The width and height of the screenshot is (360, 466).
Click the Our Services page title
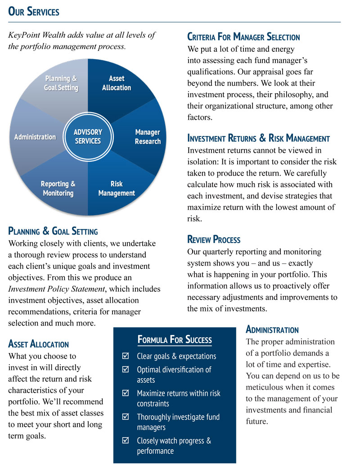(34, 11)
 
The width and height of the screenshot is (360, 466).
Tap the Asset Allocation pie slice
(117, 83)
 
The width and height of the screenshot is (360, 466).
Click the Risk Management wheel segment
(117, 188)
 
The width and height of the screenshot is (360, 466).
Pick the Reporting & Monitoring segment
(58, 188)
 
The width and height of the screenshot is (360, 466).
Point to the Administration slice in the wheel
(35, 136)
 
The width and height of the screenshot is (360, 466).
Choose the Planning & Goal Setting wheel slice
(61, 83)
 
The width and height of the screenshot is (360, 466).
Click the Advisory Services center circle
(88, 136)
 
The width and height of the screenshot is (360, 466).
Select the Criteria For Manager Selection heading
(243, 37)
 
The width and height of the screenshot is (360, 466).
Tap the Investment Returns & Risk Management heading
(258, 138)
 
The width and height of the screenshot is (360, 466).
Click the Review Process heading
(214, 240)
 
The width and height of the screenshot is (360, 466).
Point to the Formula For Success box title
(174, 339)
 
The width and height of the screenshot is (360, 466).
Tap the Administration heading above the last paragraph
(272, 330)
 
